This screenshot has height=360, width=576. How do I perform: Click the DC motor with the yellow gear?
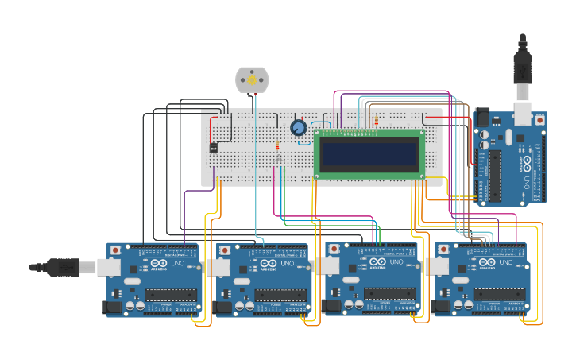coord(252,79)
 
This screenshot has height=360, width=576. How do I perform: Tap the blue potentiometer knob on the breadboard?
coord(299,128)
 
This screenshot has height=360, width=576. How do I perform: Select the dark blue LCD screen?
coord(368,153)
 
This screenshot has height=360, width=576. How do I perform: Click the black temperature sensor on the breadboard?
coord(214,147)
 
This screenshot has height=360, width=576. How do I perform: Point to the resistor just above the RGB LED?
coord(276,146)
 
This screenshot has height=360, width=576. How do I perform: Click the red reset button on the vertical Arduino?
coord(540,119)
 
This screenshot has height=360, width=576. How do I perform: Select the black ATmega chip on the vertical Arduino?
coord(495,175)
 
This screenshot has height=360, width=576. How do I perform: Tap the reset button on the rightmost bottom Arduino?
coord(443,249)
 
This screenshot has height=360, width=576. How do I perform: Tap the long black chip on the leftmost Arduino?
coord(168,294)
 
